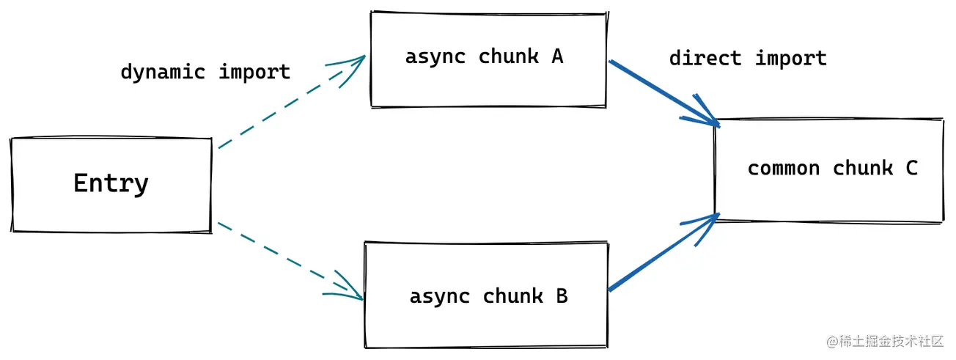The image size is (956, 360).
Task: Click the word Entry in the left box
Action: pyautogui.click(x=111, y=183)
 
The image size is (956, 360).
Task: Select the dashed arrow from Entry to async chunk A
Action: pyautogui.click(x=292, y=102)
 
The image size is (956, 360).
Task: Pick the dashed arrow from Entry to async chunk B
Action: pyautogui.click(x=290, y=260)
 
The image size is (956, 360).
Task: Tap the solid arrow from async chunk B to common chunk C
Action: pyautogui.click(x=664, y=252)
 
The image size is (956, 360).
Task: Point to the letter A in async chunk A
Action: pyautogui.click(x=557, y=56)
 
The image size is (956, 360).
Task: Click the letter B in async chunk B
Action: pyautogui.click(x=562, y=296)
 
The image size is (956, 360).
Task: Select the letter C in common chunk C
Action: pyautogui.click(x=911, y=168)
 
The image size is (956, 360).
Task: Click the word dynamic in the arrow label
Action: pyautogui.click(x=163, y=72)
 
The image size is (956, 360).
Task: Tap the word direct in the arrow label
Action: pyautogui.click(x=705, y=58)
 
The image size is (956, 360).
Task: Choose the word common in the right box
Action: pyautogui.click(x=784, y=168)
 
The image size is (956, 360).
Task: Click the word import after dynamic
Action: pyautogui.click(x=254, y=72)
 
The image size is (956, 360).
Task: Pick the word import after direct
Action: pyautogui.click(x=791, y=59)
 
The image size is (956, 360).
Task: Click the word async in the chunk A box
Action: pyautogui.click(x=435, y=57)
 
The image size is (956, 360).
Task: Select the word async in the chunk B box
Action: pyautogui.click(x=440, y=297)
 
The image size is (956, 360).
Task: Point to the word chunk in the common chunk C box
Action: pyautogui.click(x=863, y=167)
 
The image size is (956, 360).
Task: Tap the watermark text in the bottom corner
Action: pyautogui.click(x=885, y=341)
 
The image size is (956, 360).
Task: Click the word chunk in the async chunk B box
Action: pyautogui.click(x=513, y=296)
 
